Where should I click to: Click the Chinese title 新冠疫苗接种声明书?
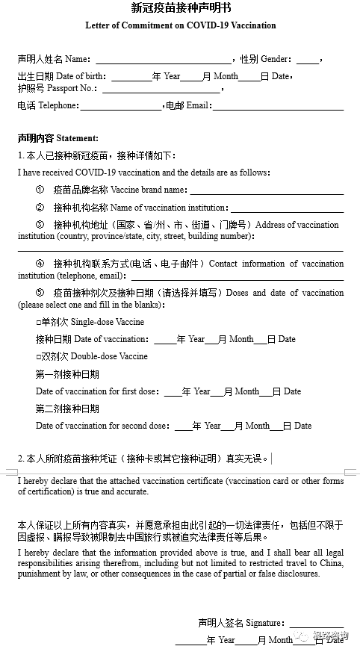click(x=180, y=9)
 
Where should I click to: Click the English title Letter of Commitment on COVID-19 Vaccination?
click(x=180, y=25)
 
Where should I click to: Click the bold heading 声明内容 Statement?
click(x=58, y=138)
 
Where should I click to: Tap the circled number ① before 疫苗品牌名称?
click(x=40, y=190)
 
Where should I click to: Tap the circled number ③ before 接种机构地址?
click(x=40, y=225)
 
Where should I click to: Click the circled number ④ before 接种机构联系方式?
click(x=40, y=264)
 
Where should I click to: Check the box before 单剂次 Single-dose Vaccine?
click(x=38, y=323)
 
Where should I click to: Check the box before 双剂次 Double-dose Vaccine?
click(x=38, y=357)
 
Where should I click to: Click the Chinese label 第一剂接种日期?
click(x=67, y=374)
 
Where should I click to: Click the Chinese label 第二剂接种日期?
click(x=67, y=409)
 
